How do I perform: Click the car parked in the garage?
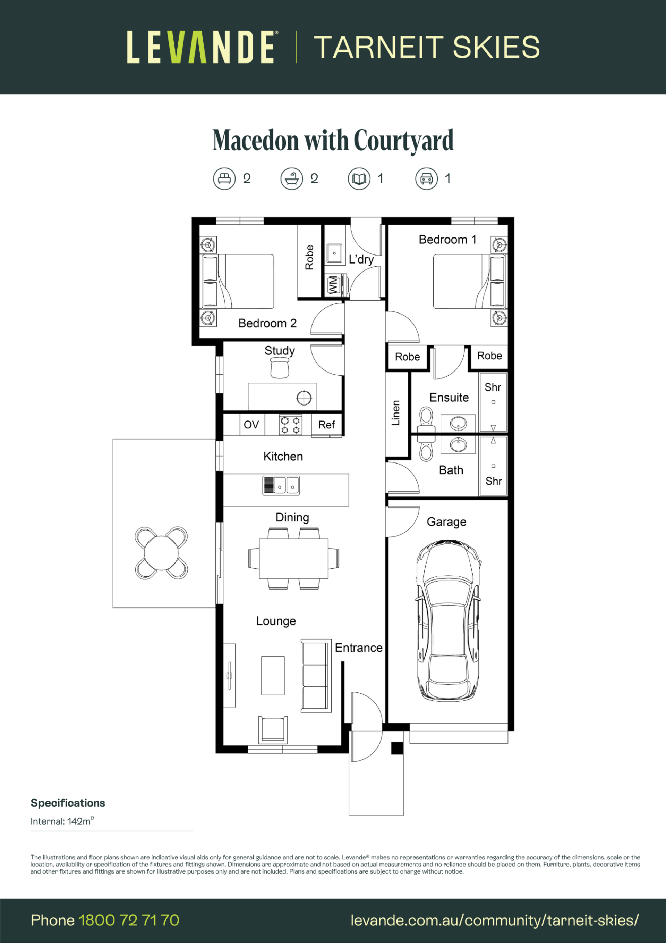[448, 620]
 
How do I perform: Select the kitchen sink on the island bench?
[281, 485]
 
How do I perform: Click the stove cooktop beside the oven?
[290, 425]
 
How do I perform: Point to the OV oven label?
[251, 425]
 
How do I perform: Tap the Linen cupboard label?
[395, 413]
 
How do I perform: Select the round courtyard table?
[161, 553]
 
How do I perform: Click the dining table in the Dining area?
[294, 558]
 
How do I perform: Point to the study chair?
[280, 368]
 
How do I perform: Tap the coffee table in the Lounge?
[273, 675]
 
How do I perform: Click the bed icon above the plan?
[224, 179]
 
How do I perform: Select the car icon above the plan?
[426, 179]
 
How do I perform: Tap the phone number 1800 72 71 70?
[129, 920]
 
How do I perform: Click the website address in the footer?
[495, 920]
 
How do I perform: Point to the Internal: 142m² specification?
[62, 821]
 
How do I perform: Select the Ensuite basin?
[458, 423]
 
